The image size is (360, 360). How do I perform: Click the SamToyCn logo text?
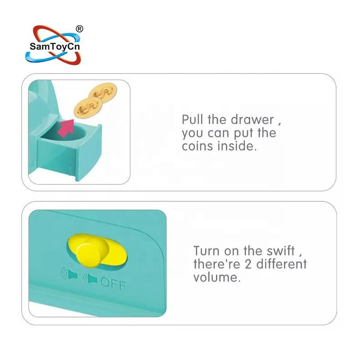coord(54,46)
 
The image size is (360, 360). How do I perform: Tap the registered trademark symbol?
coord(79,29)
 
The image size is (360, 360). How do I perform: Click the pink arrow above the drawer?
coord(66,128)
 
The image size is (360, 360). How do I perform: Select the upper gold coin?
coord(103,91)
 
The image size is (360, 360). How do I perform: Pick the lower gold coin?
coord(88,106)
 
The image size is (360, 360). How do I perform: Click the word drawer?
coord(252,120)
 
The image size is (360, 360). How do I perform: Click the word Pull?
coord(192,119)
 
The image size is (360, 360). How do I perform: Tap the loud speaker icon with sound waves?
coord(70,274)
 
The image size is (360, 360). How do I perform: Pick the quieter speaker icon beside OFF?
coord(91,278)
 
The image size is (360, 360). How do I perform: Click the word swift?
coord(280,251)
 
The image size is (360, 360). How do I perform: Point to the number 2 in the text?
coord(248,264)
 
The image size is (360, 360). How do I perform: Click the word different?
coord(282,264)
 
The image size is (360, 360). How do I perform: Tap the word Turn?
coord(207,251)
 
